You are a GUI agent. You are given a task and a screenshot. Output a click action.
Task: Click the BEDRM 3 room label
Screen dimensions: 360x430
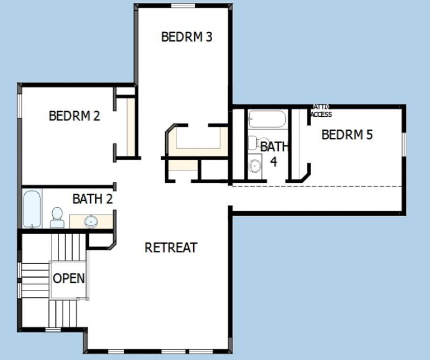187,37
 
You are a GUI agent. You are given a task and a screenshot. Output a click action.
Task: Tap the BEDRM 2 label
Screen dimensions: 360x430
74,116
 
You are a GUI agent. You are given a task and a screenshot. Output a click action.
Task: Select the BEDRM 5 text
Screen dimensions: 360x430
347,135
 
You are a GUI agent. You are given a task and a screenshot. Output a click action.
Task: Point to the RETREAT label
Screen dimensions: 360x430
171,248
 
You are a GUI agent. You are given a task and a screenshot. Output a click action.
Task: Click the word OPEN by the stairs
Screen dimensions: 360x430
69,278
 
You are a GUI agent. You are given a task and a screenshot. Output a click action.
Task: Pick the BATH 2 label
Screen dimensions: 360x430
93,199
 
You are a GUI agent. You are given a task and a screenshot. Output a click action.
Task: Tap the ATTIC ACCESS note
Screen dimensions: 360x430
321,111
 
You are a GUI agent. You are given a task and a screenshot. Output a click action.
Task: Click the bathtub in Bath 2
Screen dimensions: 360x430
32,209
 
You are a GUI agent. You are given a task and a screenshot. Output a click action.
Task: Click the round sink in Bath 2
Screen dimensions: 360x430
91,221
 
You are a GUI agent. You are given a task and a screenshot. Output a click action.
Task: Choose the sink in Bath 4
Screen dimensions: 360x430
255,166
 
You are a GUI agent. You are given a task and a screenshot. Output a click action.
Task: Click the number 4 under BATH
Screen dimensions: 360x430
274,161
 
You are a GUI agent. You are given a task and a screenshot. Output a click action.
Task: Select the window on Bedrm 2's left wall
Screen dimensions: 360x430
19,105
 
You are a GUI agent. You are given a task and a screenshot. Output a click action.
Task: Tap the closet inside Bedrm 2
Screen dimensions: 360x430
130,126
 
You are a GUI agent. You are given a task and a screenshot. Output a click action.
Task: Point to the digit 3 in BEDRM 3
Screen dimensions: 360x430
208,37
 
